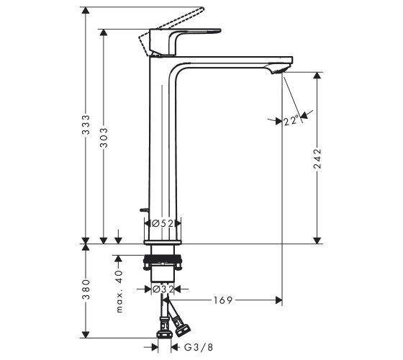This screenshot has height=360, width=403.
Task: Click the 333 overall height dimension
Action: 86,125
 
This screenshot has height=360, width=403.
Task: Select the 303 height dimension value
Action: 104,138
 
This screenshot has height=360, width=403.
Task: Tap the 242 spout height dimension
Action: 317,158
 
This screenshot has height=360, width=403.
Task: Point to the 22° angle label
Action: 291,120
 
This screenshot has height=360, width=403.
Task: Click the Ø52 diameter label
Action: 163,223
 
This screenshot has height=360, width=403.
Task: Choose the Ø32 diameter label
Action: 163,289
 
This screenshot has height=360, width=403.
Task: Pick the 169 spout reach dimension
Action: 223,300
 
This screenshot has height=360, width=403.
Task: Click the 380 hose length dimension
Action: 86,289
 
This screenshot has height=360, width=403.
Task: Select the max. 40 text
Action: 119,292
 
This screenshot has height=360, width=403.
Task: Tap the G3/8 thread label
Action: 199,348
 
